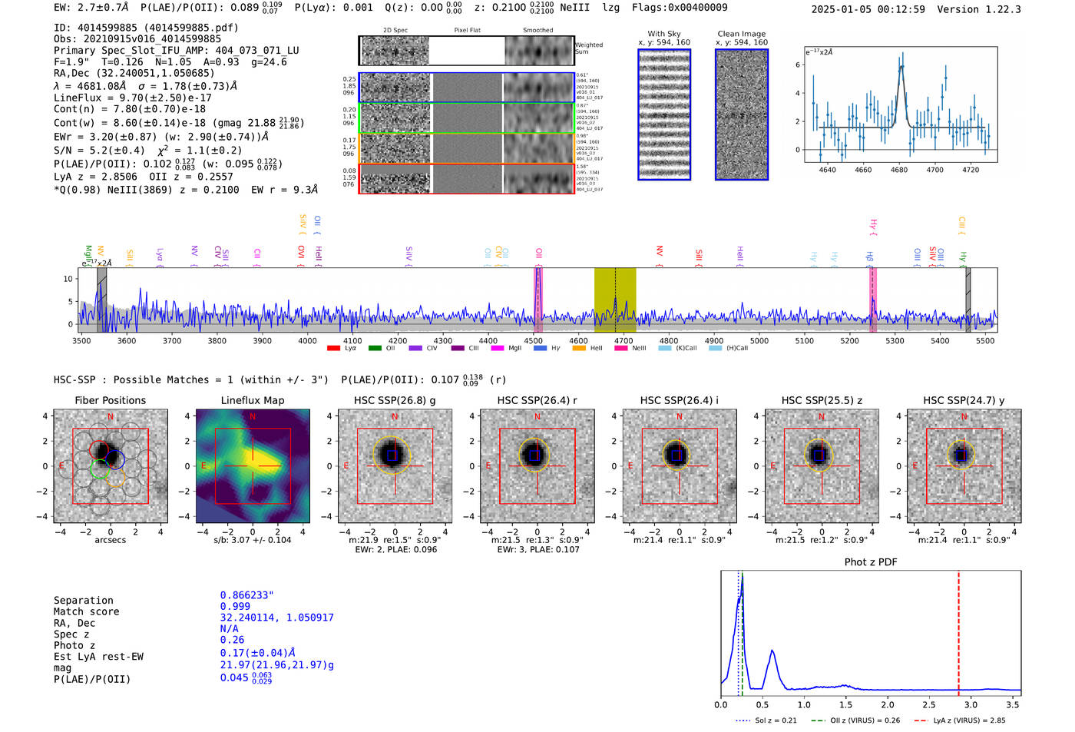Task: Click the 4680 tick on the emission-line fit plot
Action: [x=898, y=170]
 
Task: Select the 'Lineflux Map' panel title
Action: [x=252, y=400]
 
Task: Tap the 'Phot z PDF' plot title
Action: [x=870, y=562]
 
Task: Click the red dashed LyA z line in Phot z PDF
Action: [x=958, y=630]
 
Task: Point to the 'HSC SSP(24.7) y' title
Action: [x=964, y=400]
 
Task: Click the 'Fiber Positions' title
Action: [x=110, y=400]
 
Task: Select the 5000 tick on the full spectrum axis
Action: [x=759, y=340]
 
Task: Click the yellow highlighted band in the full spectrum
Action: [x=614, y=300]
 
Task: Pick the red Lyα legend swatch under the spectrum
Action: [x=333, y=348]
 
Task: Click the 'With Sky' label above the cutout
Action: [x=663, y=34]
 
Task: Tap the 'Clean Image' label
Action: [x=741, y=34]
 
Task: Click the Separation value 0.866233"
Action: [x=246, y=595]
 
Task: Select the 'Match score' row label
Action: [x=86, y=611]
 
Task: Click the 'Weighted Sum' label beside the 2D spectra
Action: [x=588, y=48]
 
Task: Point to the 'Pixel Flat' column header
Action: [x=467, y=31]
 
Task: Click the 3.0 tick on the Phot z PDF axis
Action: [x=971, y=704]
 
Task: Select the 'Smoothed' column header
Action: [x=537, y=31]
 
